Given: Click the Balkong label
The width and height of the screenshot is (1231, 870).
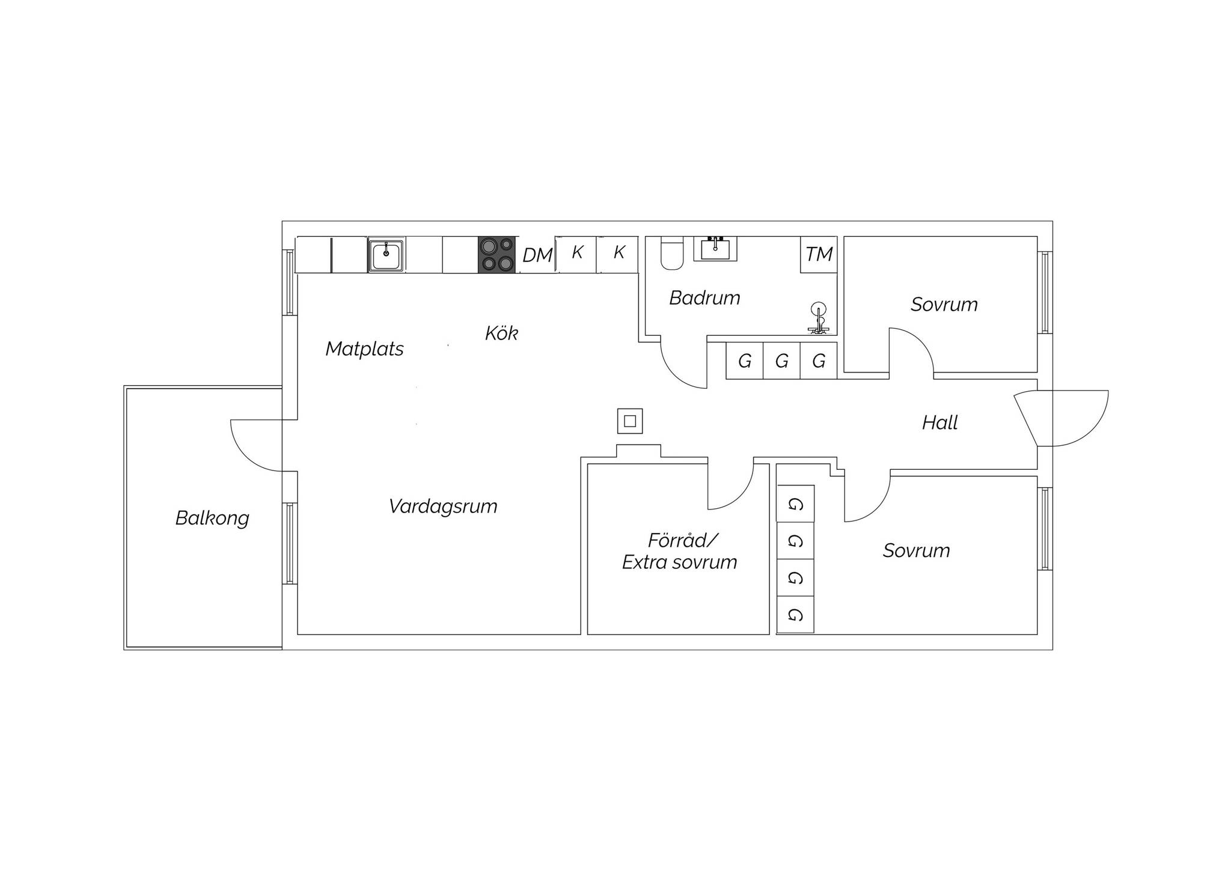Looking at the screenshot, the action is point(212,518).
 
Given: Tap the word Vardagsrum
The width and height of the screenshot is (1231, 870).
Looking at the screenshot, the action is point(443,506).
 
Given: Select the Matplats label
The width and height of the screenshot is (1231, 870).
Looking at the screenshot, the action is point(364,348).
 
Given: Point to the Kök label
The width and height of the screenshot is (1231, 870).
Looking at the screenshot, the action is point(501,332).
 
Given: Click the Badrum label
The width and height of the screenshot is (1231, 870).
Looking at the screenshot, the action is point(704,297).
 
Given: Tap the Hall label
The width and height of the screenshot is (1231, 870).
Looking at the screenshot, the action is point(939,422).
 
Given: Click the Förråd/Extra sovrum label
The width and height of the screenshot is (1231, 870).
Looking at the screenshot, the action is point(680,551).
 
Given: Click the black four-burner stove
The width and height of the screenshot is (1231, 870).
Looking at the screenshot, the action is point(496,255).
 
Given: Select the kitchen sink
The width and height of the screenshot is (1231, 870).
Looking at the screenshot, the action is point(386,255).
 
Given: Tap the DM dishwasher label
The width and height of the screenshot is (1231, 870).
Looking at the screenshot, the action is point(537,255).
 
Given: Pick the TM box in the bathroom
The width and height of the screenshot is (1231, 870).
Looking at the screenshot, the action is point(819,255).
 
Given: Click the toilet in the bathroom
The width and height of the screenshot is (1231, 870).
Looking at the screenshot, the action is point(671,254).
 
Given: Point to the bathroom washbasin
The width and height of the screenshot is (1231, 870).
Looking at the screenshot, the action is point(715,249).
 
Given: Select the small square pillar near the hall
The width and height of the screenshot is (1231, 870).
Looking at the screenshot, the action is point(630,421).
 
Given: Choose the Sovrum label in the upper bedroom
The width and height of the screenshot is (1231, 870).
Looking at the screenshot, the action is point(944,305).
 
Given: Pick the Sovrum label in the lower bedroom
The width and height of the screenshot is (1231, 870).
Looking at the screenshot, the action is point(916,550).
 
